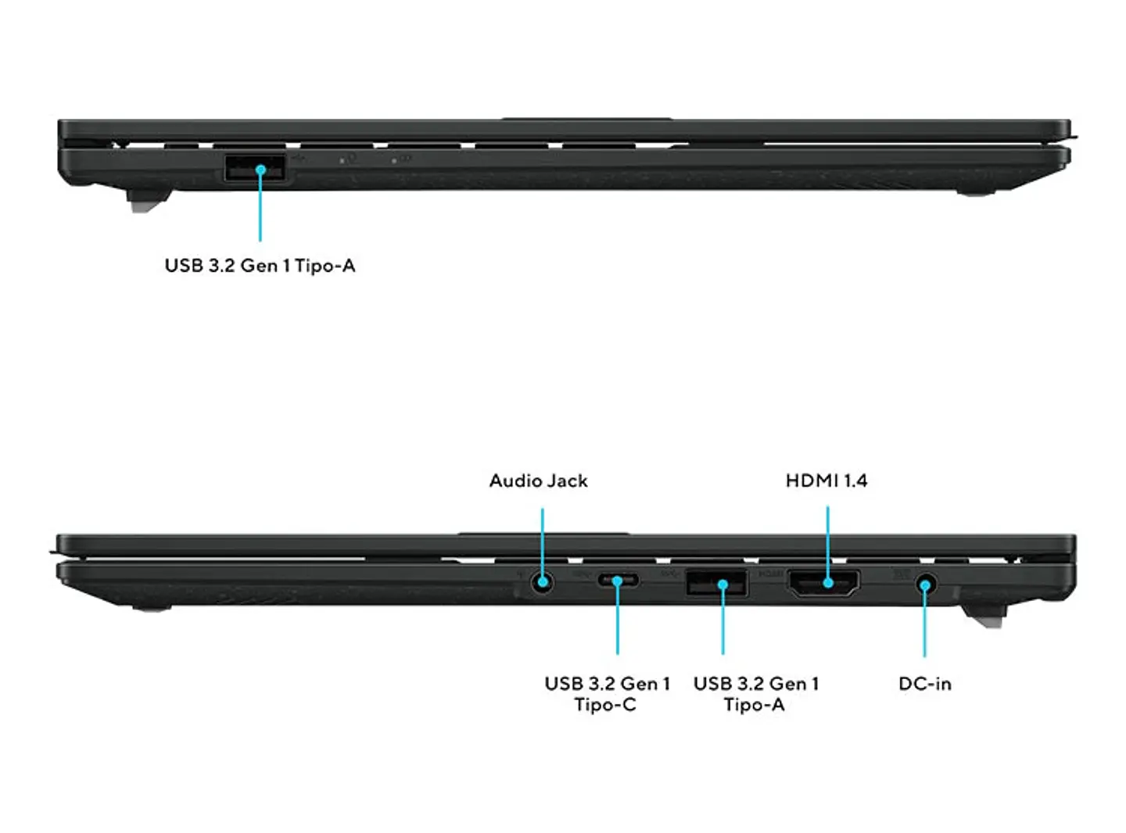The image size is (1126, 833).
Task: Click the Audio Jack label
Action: point(538,481)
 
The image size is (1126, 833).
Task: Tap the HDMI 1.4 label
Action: point(827,481)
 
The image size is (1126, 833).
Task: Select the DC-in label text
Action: point(924,683)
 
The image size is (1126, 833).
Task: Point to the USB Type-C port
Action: point(618,580)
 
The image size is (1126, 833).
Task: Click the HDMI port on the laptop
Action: point(823,583)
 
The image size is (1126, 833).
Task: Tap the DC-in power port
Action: point(926,585)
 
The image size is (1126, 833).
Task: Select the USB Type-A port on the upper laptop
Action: point(255,168)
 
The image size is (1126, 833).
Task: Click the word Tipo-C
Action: point(605,705)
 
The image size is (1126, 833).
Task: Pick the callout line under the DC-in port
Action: point(925,621)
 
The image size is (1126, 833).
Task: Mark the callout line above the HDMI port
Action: point(828,545)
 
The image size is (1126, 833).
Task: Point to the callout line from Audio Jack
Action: point(543,545)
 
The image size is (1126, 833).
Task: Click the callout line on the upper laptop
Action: point(260,205)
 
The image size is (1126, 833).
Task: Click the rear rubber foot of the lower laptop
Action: point(984,615)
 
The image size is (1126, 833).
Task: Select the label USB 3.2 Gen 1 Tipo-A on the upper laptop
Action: point(260,266)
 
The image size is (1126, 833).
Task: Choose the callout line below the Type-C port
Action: point(618,617)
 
